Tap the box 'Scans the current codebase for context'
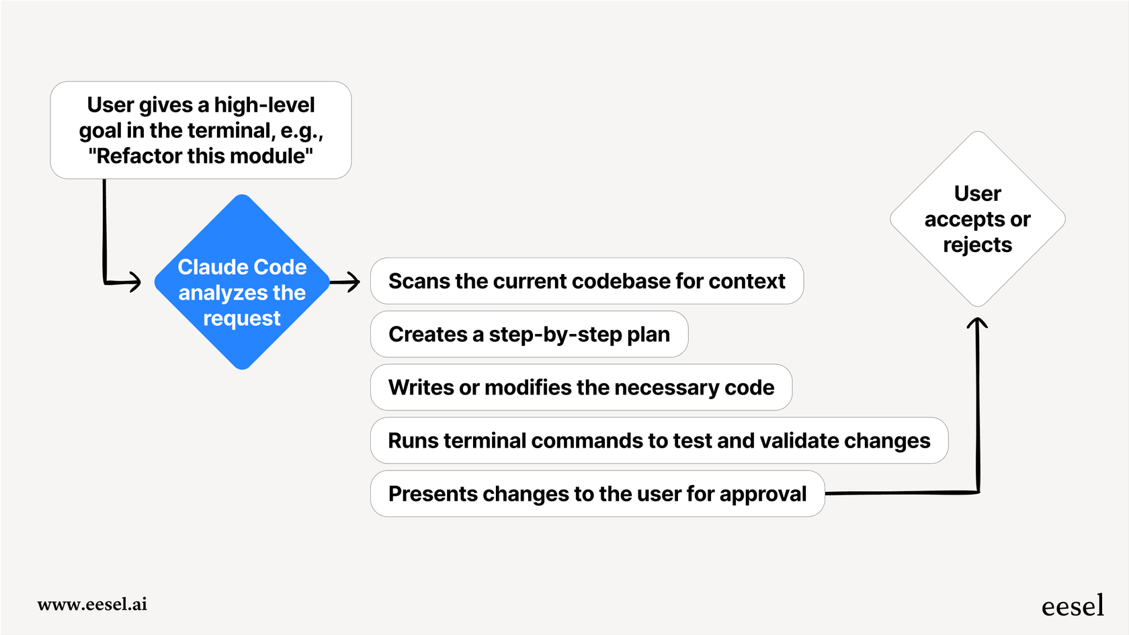[x=587, y=281]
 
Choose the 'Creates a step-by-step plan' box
[x=529, y=334]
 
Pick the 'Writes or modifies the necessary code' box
[x=581, y=387]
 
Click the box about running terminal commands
[x=659, y=440]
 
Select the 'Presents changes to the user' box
[x=597, y=494]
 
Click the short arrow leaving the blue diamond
[x=345, y=282]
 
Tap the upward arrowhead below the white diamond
[x=977, y=324]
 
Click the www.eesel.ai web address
[x=92, y=604]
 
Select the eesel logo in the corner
[x=1073, y=606]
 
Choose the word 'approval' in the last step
[x=763, y=494]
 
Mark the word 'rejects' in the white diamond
[x=977, y=245]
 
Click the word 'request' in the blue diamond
[x=242, y=319]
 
